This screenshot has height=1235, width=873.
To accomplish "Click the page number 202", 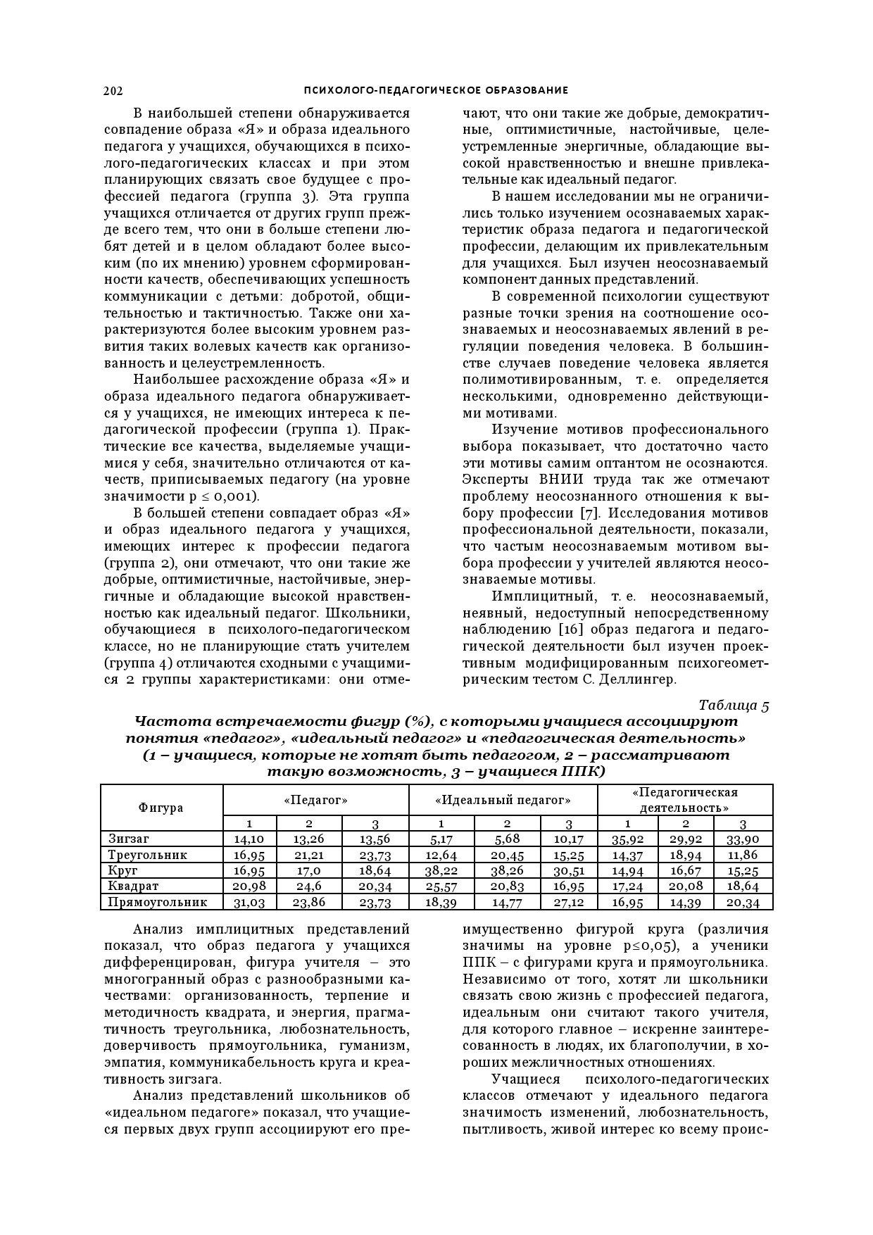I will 113,90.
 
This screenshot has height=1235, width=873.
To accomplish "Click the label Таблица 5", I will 734,705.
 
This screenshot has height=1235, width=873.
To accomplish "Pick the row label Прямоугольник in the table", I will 157,902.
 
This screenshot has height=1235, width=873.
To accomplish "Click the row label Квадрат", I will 133,886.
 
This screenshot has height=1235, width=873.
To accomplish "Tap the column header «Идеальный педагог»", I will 503,801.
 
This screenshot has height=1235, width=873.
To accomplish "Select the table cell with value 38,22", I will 441,870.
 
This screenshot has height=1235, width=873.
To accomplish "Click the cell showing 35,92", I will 628,839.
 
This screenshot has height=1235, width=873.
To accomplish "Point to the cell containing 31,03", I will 249,903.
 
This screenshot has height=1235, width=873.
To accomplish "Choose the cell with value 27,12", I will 569,903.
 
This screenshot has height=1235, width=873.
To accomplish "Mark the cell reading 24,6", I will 308,886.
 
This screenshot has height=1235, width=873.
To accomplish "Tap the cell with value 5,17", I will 441,839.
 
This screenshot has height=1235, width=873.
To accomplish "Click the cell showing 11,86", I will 742,855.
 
